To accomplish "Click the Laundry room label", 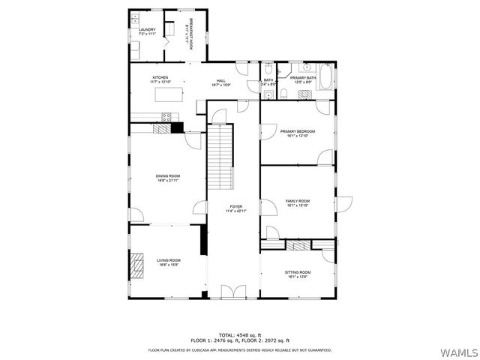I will click(x=147, y=30).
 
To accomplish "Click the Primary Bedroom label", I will click(x=298, y=131).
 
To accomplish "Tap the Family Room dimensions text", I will click(x=298, y=205).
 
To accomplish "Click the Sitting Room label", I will click(x=298, y=272).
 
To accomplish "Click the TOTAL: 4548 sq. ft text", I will click(x=239, y=334).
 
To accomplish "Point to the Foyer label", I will click(x=235, y=206).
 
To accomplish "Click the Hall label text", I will click(x=221, y=81).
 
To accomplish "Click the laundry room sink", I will click(x=136, y=16).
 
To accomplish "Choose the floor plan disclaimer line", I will click(x=239, y=349).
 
